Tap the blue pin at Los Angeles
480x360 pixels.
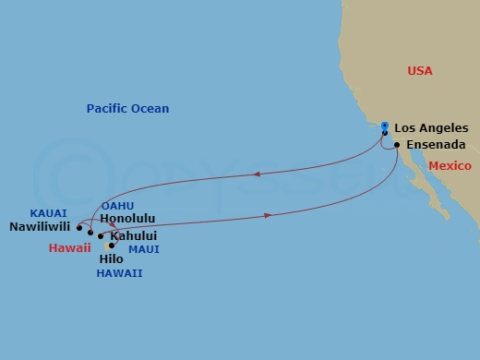384,128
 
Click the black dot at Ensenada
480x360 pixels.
396,145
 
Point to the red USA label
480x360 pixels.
420,71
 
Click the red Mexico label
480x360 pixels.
450,165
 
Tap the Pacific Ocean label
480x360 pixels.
127,109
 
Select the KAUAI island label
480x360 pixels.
46,210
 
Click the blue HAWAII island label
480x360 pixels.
120,273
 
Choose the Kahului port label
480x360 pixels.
131,235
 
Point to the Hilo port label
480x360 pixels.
111,259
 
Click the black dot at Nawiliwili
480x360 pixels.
80,226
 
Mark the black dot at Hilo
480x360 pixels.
112,246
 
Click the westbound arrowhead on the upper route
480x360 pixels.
256,174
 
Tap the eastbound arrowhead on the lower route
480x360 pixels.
269,216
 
